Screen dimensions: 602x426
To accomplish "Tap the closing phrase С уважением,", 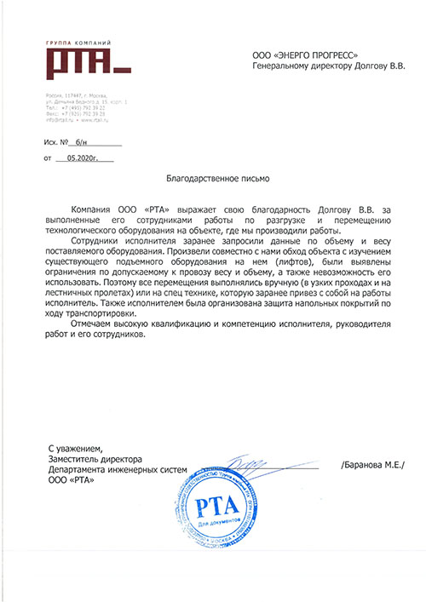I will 76,448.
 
